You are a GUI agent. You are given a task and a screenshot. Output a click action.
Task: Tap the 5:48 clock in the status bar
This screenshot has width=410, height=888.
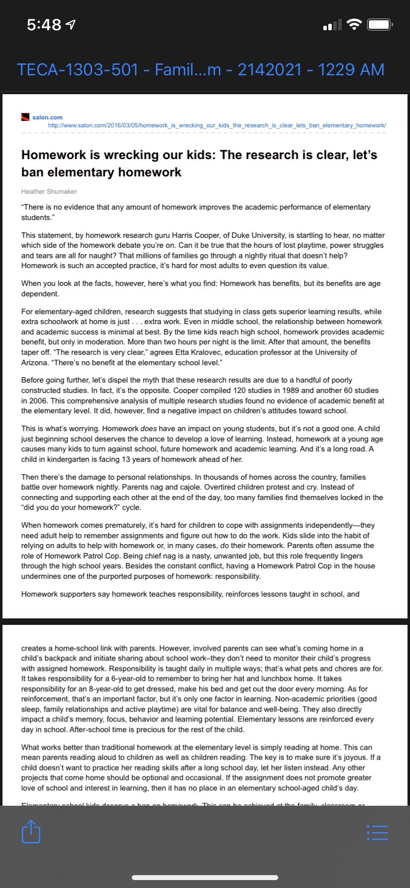[x=45, y=24]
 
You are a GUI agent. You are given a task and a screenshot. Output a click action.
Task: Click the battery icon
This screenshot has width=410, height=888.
[x=380, y=24]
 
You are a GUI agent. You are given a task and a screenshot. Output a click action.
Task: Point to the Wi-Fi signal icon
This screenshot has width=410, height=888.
[x=354, y=24]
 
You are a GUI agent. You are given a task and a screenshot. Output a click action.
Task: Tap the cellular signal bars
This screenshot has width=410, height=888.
[x=332, y=25]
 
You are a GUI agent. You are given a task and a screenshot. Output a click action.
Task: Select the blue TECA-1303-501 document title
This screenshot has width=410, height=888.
[x=201, y=69]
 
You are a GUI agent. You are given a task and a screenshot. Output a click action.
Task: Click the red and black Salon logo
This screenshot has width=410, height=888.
[x=26, y=117]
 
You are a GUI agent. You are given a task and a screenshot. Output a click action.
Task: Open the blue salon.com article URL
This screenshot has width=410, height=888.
[x=217, y=125]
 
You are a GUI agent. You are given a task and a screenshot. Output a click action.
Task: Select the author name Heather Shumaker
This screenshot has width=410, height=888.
[x=49, y=191]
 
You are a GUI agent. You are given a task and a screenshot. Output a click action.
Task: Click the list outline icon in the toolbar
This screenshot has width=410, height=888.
[x=377, y=832]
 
